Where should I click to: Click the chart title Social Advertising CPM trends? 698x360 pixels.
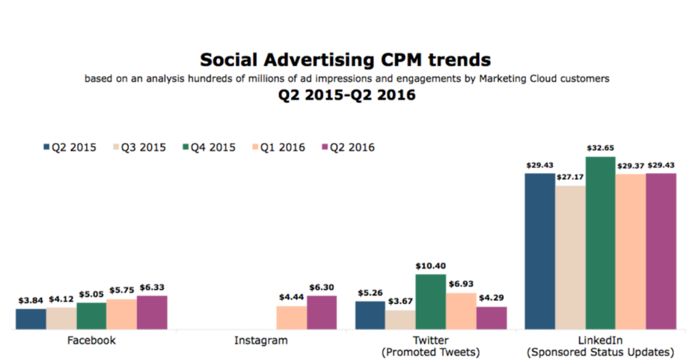click(x=346, y=59)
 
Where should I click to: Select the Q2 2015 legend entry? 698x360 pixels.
click(x=70, y=147)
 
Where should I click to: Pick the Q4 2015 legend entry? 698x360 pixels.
click(x=207, y=147)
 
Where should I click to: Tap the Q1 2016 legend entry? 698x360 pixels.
click(x=277, y=147)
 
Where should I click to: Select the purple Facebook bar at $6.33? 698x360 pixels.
click(x=151, y=312)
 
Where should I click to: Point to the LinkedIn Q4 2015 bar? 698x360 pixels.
click(x=601, y=243)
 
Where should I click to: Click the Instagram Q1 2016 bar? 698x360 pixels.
click(x=291, y=317)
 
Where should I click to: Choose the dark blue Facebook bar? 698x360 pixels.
click(x=31, y=318)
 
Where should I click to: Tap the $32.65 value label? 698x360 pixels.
click(x=601, y=148)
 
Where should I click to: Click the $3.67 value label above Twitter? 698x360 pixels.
click(x=400, y=302)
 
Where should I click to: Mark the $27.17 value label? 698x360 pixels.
click(x=570, y=177)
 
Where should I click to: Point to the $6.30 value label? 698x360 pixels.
click(x=322, y=287)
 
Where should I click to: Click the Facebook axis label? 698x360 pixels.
click(x=92, y=340)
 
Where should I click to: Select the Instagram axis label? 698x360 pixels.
click(x=260, y=340)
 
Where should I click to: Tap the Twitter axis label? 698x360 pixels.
click(x=430, y=340)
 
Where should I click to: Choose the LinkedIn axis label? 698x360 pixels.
click(x=600, y=340)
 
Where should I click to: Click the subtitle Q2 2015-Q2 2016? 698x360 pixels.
click(x=346, y=95)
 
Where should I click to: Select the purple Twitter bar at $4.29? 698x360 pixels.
click(x=491, y=318)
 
